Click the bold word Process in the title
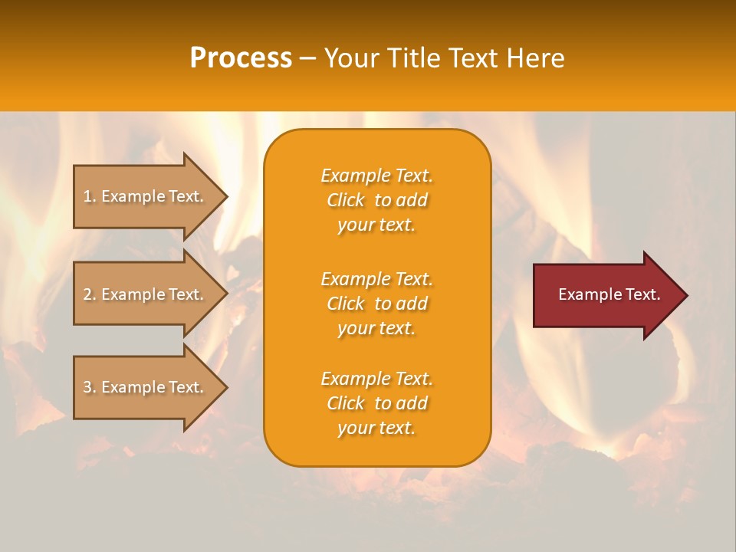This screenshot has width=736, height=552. [241, 58]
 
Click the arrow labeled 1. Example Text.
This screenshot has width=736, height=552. [146, 196]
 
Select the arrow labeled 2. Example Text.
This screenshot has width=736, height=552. [146, 294]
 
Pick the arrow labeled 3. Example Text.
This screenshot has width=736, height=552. [146, 387]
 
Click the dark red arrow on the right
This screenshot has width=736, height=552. [606, 294]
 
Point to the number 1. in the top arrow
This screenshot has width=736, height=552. [89, 196]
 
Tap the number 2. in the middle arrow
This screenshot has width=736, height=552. [89, 294]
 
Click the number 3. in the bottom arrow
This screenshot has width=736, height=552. [89, 387]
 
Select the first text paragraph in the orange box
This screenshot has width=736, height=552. [376, 200]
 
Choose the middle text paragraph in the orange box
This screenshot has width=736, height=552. [376, 304]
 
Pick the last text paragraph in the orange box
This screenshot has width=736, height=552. [376, 403]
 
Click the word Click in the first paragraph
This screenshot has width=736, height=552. [346, 200]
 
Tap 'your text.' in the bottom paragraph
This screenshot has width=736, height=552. [376, 429]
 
